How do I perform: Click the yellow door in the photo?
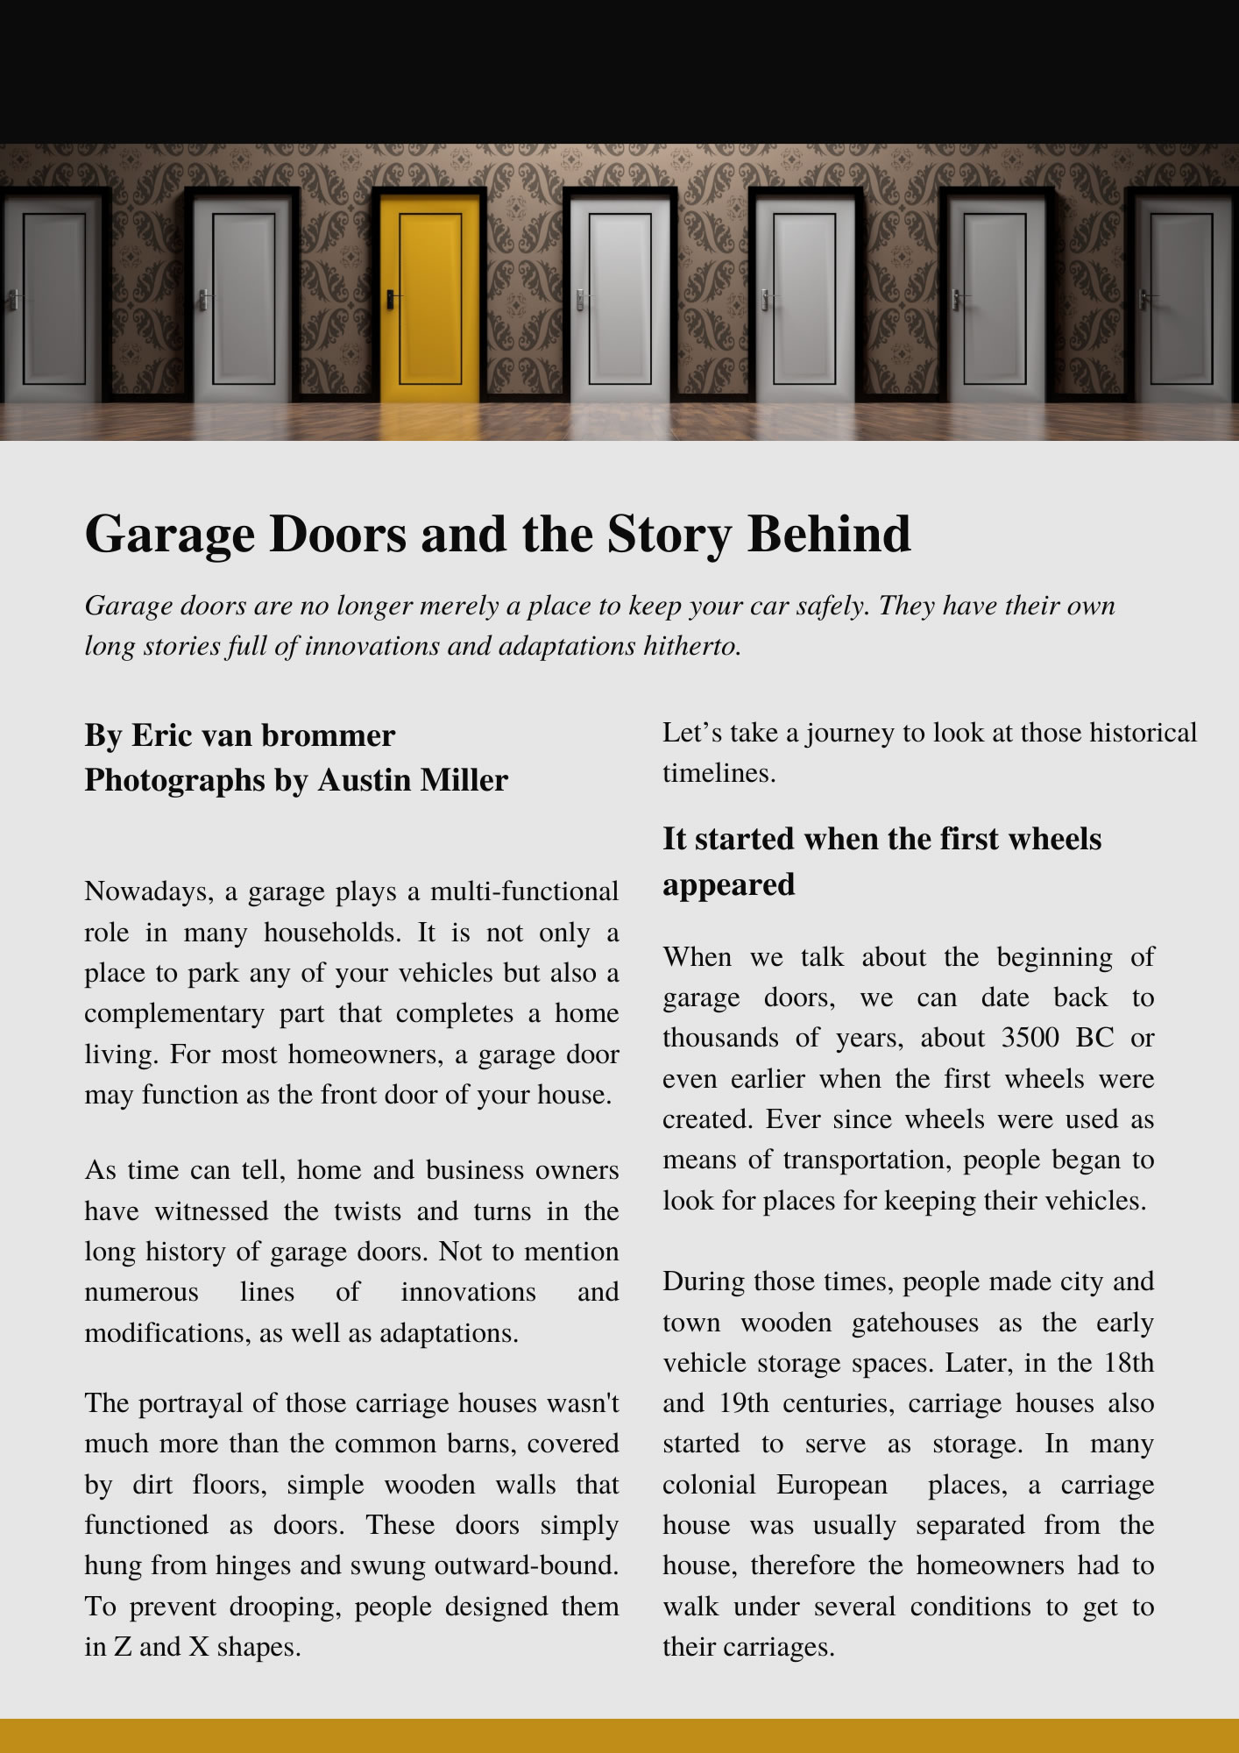pyautogui.click(x=429, y=298)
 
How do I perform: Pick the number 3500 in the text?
pyautogui.click(x=1030, y=1038)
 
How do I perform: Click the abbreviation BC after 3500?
pyautogui.click(x=1094, y=1038)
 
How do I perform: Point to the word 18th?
pyautogui.click(x=1129, y=1363)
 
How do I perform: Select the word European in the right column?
pyautogui.click(x=832, y=1485)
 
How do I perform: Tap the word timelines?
pyautogui.click(x=719, y=773)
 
